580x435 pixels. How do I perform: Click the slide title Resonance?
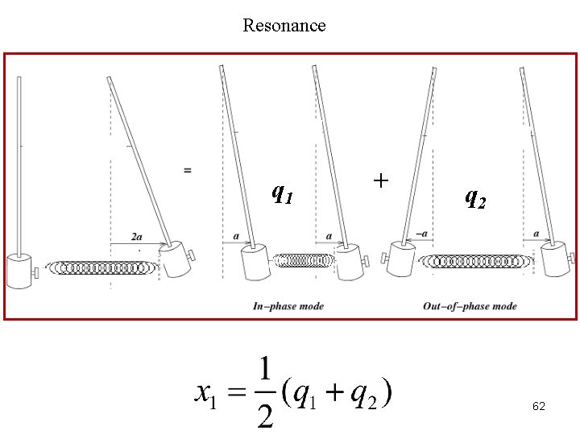click(284, 25)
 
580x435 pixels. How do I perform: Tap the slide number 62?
click(539, 407)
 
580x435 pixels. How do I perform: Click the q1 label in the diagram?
click(282, 193)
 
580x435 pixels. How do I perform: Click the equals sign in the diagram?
click(188, 170)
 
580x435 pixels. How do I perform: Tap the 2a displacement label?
click(137, 236)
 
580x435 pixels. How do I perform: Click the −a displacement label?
click(421, 234)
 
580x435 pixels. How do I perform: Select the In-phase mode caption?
click(288, 306)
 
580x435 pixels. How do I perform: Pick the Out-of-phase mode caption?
click(470, 306)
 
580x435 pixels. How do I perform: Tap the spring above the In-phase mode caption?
click(303, 260)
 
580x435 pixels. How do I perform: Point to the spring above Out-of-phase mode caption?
click(477, 260)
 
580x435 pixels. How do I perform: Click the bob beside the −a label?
click(401, 258)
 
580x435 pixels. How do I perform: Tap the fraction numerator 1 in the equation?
click(263, 373)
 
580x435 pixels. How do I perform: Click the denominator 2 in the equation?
click(263, 414)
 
